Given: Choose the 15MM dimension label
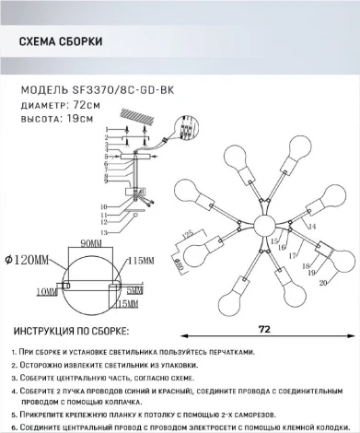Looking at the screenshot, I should [x=127, y=303].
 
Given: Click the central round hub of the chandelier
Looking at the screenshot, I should [x=261, y=224].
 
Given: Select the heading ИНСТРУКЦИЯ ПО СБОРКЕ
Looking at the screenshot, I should [x=72, y=330].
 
